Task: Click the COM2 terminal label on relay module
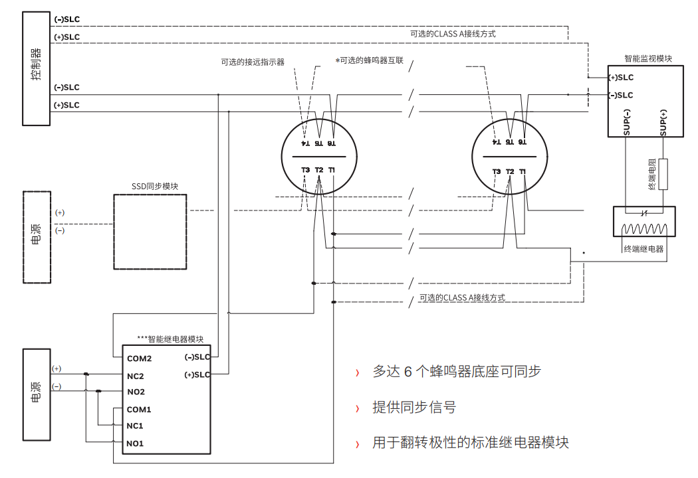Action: pos(139,358)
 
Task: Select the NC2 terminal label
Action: pos(136,376)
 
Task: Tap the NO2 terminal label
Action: pos(136,392)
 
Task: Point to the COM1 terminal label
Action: pos(139,410)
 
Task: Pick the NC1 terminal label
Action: pos(136,426)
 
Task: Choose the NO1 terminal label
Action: pos(136,443)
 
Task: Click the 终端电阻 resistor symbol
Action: pos(663,174)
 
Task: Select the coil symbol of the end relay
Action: pos(643,229)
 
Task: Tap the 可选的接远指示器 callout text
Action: pos(253,62)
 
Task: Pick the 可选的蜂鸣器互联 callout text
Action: pos(371,60)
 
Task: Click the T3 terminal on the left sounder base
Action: pos(305,171)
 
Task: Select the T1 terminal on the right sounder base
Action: pos(523,172)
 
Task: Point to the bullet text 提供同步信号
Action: pos(414,407)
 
